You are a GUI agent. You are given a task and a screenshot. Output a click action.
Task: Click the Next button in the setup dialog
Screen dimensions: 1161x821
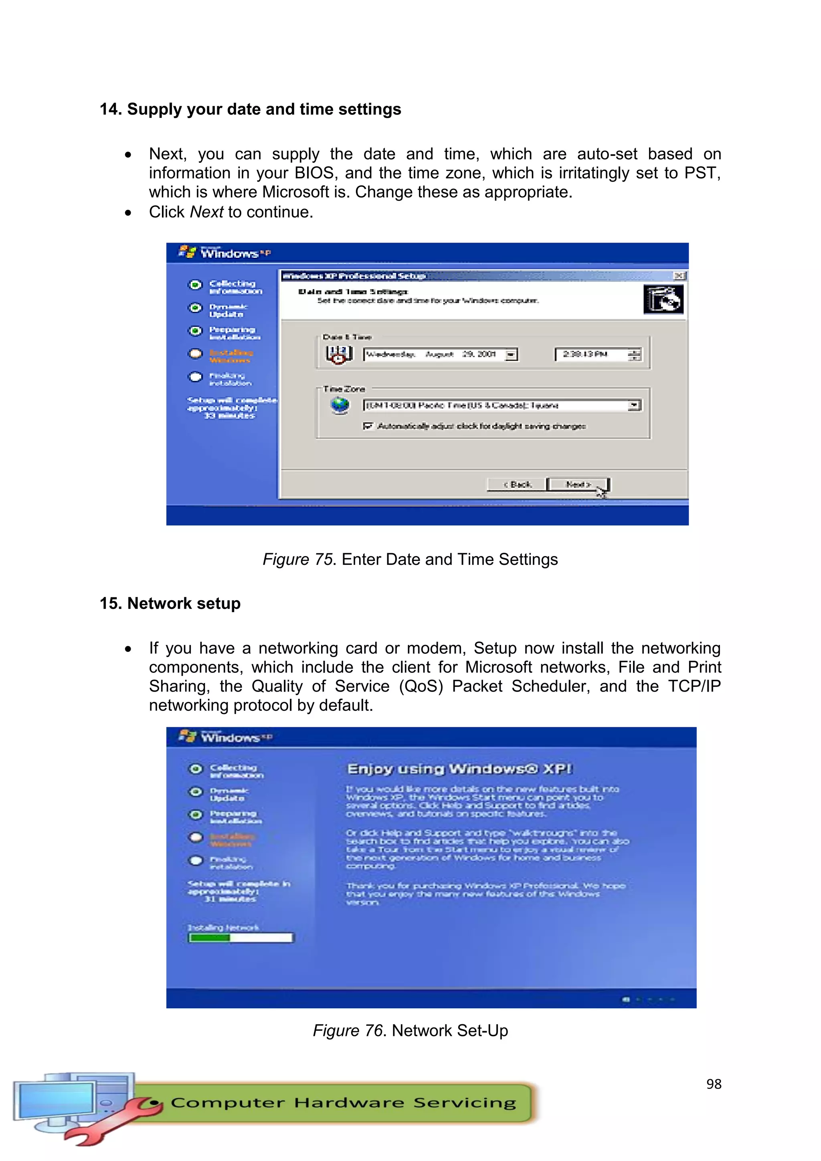pos(578,484)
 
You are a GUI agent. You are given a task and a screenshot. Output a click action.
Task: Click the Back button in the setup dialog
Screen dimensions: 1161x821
pos(517,484)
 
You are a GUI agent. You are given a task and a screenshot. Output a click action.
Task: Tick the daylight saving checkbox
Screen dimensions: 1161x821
pos(368,426)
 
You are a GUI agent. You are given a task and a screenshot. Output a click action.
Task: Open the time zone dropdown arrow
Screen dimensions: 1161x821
pos(634,405)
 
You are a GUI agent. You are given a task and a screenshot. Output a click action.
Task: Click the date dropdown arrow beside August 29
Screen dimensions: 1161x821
pos(511,354)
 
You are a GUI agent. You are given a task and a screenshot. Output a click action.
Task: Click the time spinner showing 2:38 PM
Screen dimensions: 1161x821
pos(634,354)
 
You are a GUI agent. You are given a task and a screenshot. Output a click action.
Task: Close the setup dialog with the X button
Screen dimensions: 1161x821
pos(679,275)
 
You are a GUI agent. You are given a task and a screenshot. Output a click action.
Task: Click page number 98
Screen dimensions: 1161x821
pos(713,1084)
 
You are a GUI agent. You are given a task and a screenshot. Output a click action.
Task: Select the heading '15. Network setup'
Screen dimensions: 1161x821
pos(170,603)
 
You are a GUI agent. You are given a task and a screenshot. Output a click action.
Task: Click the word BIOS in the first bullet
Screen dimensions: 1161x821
pos(314,173)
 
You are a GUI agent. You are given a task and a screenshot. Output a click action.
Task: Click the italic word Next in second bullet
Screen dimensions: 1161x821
pos(206,212)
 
